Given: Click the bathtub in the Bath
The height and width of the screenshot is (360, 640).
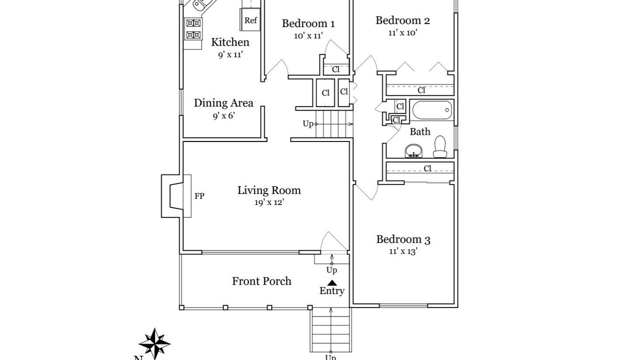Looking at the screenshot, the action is click(432, 110).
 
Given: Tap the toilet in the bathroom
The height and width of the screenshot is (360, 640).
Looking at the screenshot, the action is click(440, 146).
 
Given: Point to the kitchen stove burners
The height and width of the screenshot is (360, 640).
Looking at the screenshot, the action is click(193, 29).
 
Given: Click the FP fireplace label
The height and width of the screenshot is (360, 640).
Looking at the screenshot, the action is click(199, 196).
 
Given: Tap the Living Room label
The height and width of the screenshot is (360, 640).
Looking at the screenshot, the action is click(269, 190).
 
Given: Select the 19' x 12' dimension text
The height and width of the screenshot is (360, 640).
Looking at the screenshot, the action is click(269, 202).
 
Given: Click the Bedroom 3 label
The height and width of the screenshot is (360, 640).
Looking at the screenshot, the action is click(403, 239).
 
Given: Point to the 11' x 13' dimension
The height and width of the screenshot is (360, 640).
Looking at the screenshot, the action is click(403, 251).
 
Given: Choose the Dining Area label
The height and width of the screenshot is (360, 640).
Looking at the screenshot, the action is click(223, 103).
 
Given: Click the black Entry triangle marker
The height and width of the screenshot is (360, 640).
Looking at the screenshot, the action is click(331, 283).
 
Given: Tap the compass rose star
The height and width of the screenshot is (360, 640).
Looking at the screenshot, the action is click(154, 343).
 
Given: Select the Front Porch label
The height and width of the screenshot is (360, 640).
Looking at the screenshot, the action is click(261, 281).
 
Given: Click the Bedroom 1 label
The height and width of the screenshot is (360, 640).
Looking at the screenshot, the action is click(308, 23).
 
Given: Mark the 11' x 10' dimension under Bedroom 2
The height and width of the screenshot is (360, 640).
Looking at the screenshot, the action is click(402, 32).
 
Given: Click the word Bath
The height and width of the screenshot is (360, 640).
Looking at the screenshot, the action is click(420, 131).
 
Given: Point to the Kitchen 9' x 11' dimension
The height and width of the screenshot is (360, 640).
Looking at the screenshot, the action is click(230, 54).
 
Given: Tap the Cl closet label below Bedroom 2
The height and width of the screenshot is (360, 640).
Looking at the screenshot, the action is click(421, 90).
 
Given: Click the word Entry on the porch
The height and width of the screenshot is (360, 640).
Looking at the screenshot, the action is click(331, 291).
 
